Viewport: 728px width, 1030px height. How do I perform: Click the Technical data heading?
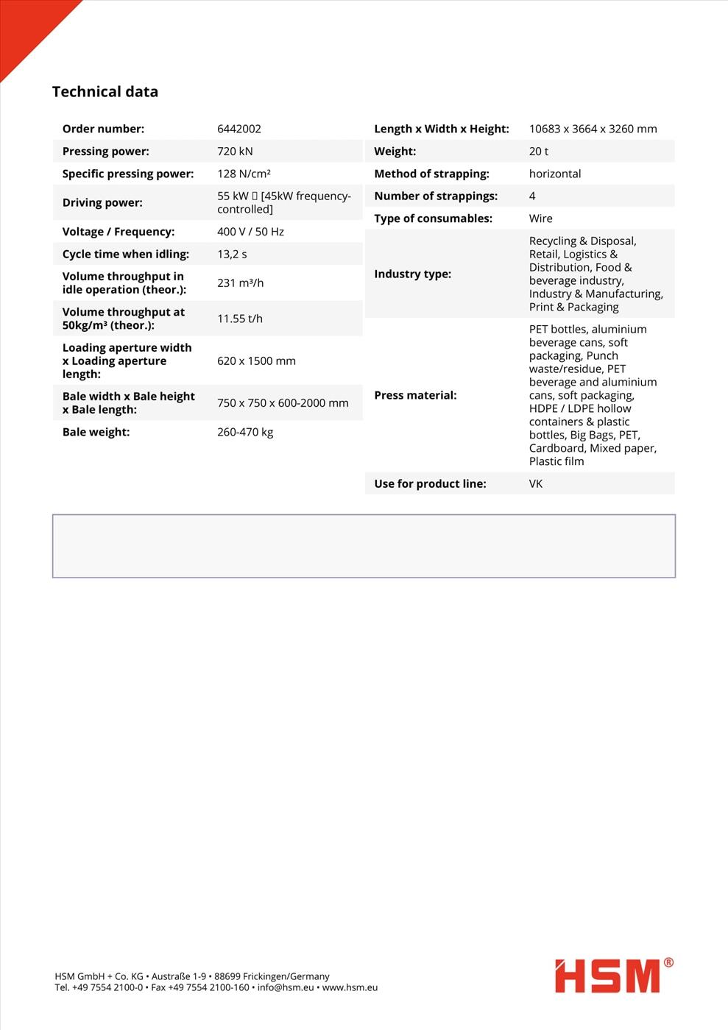105,92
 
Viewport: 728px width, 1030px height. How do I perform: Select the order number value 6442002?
238,129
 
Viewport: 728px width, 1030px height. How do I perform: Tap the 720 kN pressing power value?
235,152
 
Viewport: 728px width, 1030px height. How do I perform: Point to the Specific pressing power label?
128,174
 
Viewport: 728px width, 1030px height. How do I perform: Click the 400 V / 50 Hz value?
250,232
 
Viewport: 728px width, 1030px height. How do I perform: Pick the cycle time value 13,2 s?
232,254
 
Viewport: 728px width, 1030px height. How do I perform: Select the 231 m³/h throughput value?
240,283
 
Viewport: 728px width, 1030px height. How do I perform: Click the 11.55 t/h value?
240,319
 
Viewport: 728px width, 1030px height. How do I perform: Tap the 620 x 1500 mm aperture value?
256,361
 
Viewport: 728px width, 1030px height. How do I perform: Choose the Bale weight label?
96,432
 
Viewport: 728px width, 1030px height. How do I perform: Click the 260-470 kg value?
245,432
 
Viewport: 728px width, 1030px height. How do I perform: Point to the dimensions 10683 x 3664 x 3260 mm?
593,129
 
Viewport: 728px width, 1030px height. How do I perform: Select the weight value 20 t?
538,152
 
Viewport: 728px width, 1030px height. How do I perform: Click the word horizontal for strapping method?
554,174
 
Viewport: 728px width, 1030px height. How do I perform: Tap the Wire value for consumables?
540,219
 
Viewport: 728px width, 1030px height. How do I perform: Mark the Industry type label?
412,274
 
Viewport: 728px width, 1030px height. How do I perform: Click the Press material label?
415,395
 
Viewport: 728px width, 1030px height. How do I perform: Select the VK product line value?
535,484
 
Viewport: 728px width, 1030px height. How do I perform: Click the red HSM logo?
608,976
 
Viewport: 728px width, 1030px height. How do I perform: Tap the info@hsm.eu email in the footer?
286,987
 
